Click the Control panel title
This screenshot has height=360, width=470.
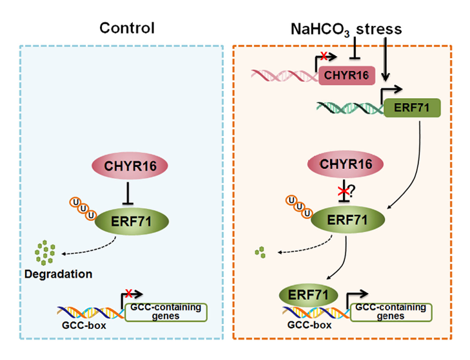coord(127,28)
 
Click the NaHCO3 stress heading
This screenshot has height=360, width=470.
coord(346,30)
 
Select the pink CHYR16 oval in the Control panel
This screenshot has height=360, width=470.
coord(130,166)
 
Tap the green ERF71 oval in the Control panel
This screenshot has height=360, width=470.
coord(132,221)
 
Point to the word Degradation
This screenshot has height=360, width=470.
coord(59,274)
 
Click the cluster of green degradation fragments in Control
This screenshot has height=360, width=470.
coord(45,253)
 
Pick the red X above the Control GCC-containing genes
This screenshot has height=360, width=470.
coord(129,293)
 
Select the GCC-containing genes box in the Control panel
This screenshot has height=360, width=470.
coord(166,312)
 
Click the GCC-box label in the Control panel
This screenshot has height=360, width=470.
coord(84,325)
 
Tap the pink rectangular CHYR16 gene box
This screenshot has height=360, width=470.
coord(347,75)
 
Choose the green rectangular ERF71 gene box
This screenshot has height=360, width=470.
coord(412,108)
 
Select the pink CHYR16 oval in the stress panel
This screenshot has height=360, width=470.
coord(346,164)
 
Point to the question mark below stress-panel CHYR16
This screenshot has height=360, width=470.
coord(351,190)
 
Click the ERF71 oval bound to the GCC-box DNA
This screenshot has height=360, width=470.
coord(308,295)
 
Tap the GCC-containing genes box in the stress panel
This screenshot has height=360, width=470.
coord(391,312)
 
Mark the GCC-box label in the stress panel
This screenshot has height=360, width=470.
coord(309,325)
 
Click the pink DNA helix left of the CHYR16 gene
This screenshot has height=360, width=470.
coord(285,75)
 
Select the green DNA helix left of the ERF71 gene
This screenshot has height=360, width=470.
coord(350,108)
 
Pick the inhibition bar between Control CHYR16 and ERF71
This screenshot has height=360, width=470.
coord(128,194)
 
